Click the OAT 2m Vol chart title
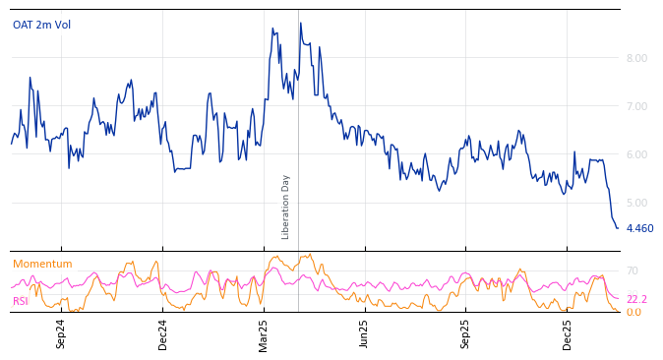pyautogui.click(x=41, y=25)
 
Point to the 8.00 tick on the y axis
pyautogui.click(x=636, y=58)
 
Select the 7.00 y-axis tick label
pyautogui.click(x=636, y=106)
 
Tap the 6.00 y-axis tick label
pyautogui.click(x=636, y=154)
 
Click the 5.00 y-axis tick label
pyautogui.click(x=636, y=203)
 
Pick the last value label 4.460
pyautogui.click(x=639, y=228)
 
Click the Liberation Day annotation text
pyautogui.click(x=286, y=207)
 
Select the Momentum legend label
pyautogui.click(x=42, y=264)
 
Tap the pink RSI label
pyautogui.click(x=21, y=301)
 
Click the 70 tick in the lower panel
pyautogui.click(x=632, y=270)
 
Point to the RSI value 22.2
pyautogui.click(x=636, y=299)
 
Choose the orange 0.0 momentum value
pyautogui.click(x=633, y=312)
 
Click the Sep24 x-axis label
pyautogui.click(x=61, y=333)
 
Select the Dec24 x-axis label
pyautogui.click(x=163, y=333)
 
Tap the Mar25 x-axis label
pyautogui.click(x=264, y=333)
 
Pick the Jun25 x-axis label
pyautogui.click(x=364, y=333)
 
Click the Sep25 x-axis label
pyautogui.click(x=465, y=333)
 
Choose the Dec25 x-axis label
pyautogui.click(x=568, y=333)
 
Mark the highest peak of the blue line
pyautogui.click(x=301, y=23)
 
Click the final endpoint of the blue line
pyautogui.click(x=618, y=228)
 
